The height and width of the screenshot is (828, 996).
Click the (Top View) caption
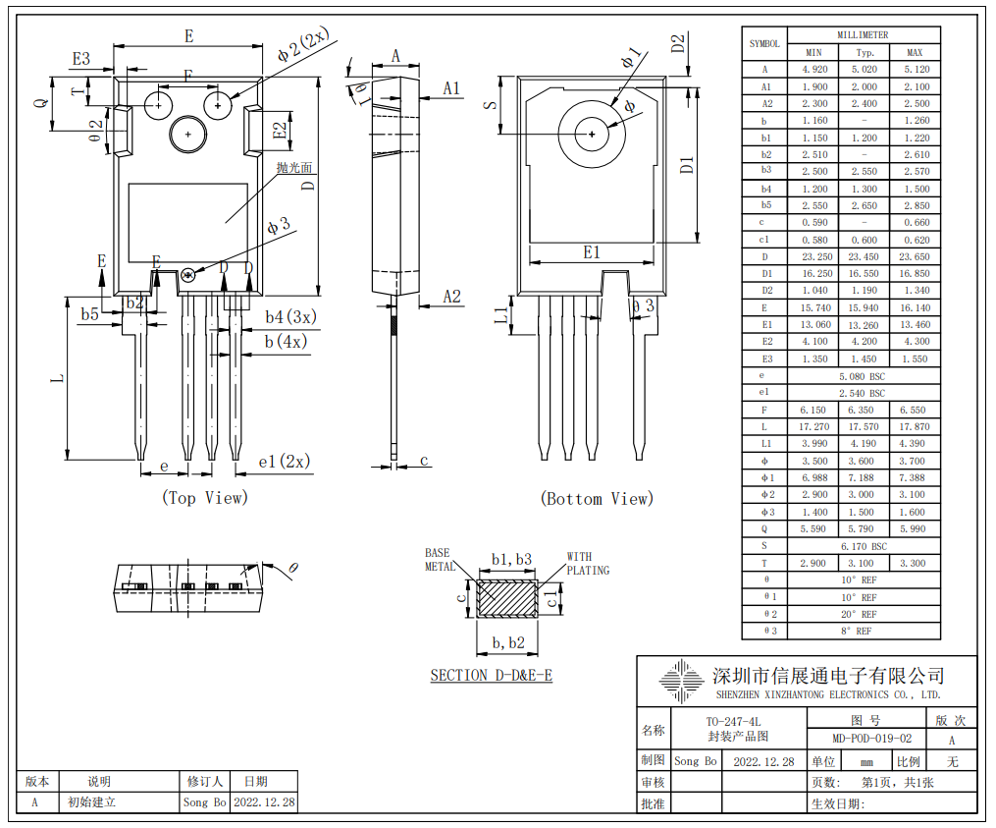click(204, 498)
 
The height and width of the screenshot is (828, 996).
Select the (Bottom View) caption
click(596, 499)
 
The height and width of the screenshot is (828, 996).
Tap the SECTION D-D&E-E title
click(491, 675)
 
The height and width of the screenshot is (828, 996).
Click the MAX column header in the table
click(914, 52)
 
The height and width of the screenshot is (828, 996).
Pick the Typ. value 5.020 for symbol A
click(864, 70)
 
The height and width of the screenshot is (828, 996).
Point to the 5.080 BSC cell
click(864, 376)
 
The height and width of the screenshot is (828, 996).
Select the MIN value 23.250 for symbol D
click(813, 256)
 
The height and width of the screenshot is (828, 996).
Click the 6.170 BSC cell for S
click(864, 546)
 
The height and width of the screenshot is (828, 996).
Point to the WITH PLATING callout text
click(588, 564)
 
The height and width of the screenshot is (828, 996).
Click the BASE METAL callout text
click(440, 560)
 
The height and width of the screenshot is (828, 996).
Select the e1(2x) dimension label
click(284, 462)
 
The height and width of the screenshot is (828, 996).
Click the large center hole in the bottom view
click(594, 135)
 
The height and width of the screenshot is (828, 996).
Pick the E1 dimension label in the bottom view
click(591, 252)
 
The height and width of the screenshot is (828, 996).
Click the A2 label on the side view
click(451, 297)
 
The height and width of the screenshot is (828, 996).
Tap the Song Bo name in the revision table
click(204, 801)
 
